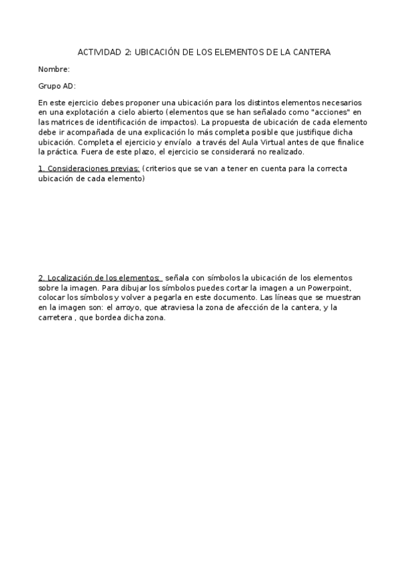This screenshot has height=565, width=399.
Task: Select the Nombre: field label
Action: click(x=54, y=69)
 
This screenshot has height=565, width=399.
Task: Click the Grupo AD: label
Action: click(x=57, y=86)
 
